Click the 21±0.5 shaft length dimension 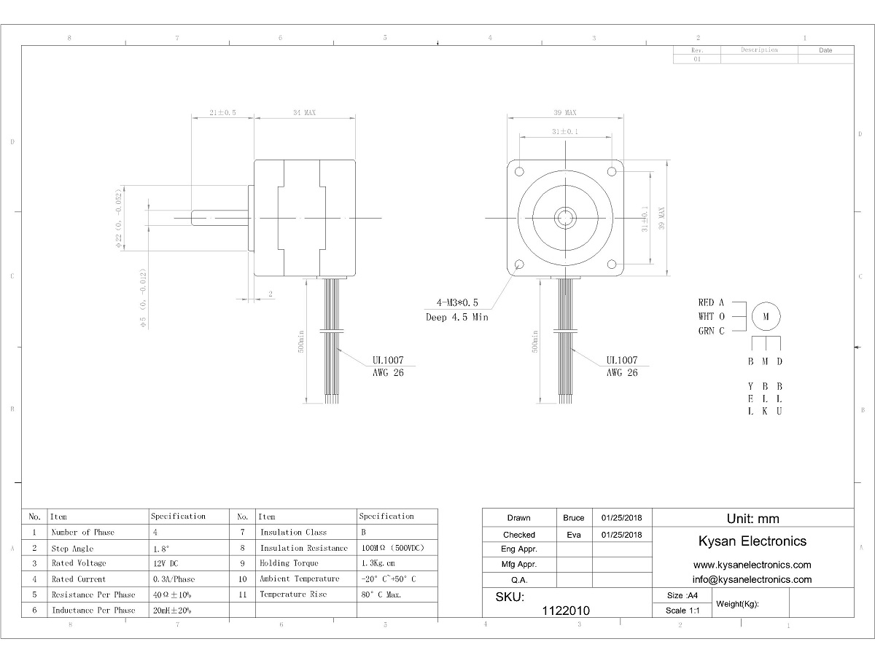tap(222, 113)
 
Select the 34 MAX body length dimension tap(304, 113)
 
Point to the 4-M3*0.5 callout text tap(457, 302)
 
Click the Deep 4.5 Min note tap(457, 317)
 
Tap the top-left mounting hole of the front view tap(519, 172)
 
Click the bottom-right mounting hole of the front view tap(612, 264)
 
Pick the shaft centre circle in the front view tap(565, 217)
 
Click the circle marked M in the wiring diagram tap(766, 316)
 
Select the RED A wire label tap(711, 302)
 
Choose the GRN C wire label tap(711, 331)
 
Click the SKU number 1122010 tap(567, 611)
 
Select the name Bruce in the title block tap(574, 518)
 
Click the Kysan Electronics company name tap(752, 541)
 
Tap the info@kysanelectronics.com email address tap(752, 580)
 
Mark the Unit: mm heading tap(752, 519)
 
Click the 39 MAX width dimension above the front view tap(564, 113)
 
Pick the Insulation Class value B tap(364, 533)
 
